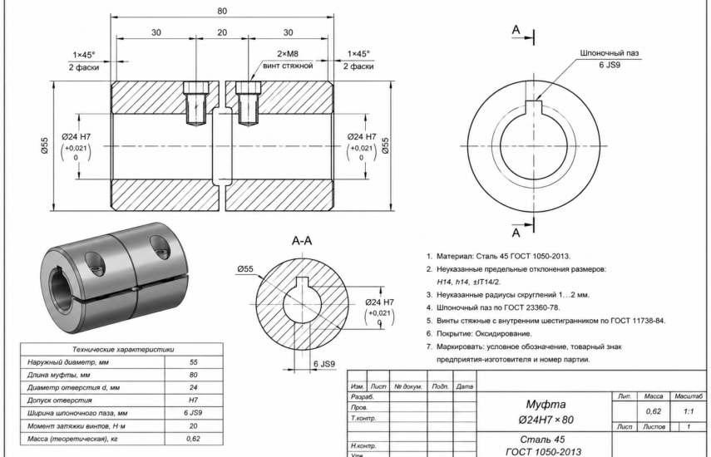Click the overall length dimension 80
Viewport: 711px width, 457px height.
point(222,11)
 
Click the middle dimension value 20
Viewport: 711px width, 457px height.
point(222,32)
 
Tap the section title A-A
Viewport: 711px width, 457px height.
point(302,240)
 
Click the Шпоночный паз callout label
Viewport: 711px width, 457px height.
point(610,53)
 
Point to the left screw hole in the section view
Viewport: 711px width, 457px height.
point(196,103)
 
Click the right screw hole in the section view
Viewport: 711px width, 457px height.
point(249,103)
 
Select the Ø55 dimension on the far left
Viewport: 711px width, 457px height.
point(44,146)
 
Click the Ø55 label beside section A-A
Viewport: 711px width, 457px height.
point(245,269)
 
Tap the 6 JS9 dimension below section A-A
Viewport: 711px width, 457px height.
point(324,364)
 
